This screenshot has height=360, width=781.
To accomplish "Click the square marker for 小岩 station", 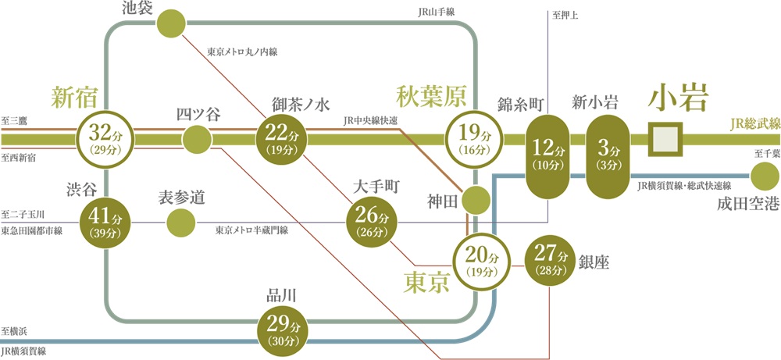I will (x=666, y=138).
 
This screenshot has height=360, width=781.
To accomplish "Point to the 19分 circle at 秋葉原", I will (x=473, y=138).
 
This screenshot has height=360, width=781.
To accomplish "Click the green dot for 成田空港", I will (x=763, y=176).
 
